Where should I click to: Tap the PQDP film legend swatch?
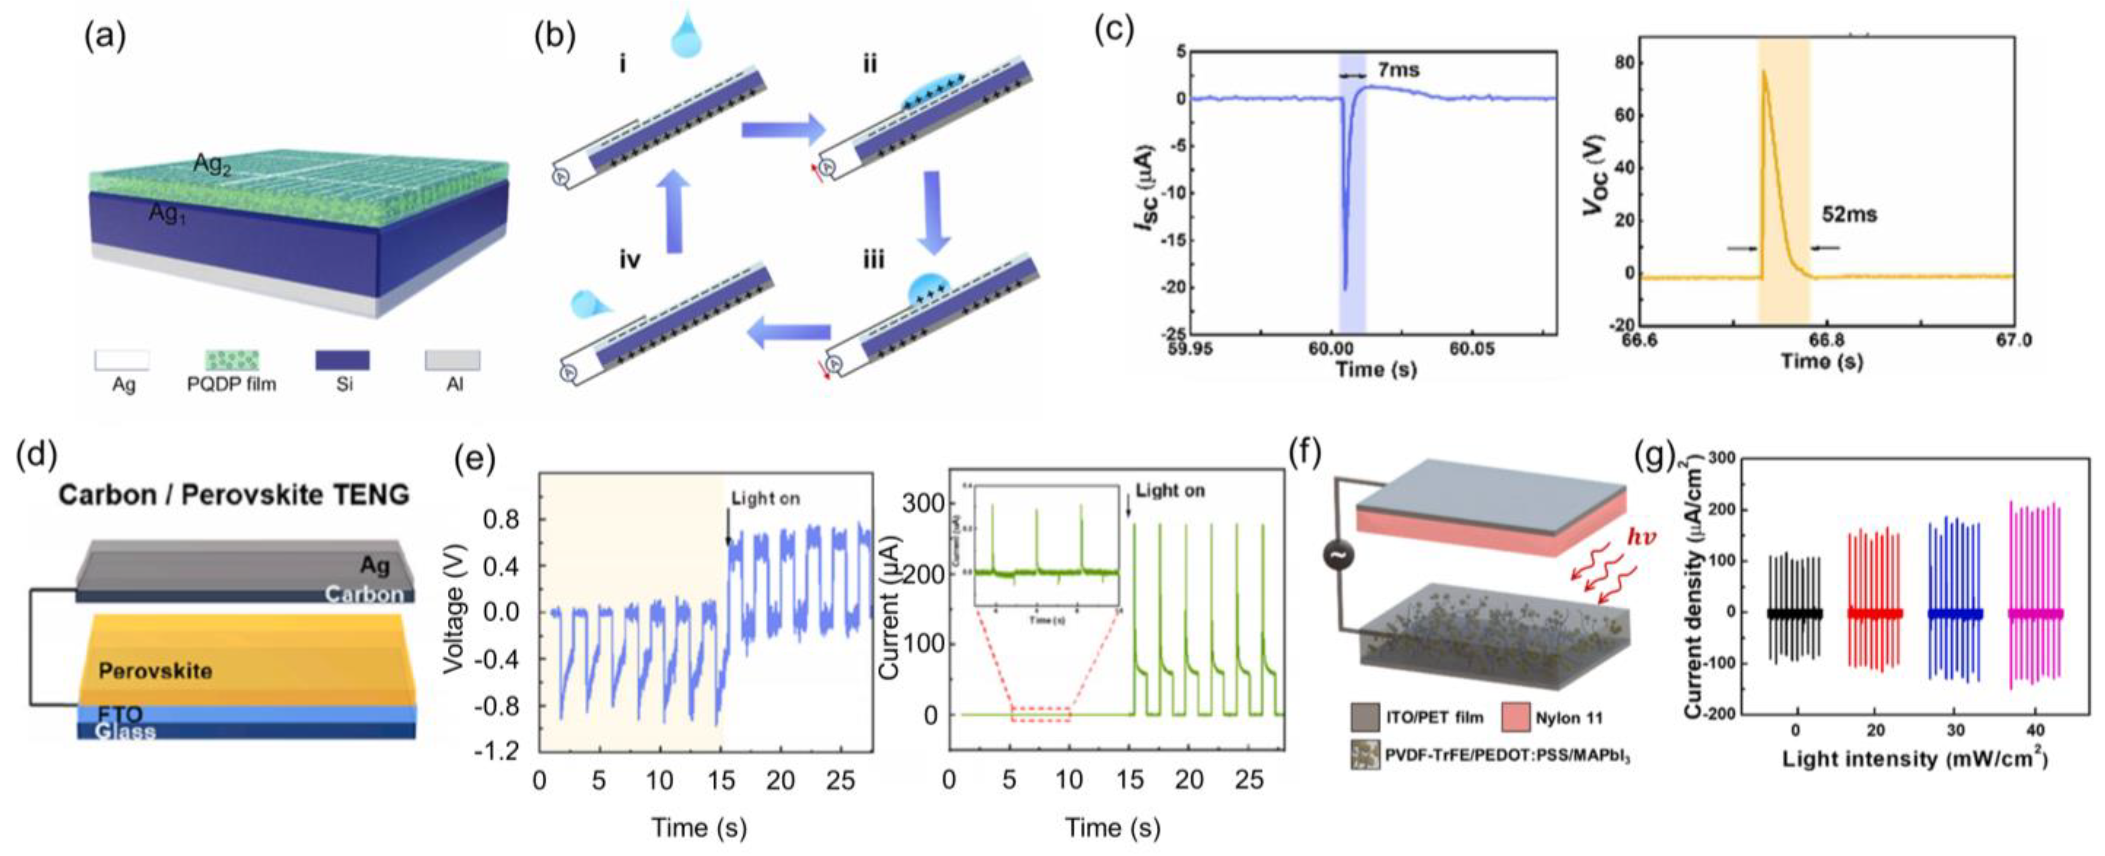(231, 360)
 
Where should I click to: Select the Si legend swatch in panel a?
(342, 360)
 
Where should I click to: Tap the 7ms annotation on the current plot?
(1398, 70)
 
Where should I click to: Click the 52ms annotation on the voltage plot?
(1849, 215)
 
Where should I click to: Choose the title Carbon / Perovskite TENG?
(234, 495)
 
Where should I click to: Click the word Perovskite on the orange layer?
(155, 671)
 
